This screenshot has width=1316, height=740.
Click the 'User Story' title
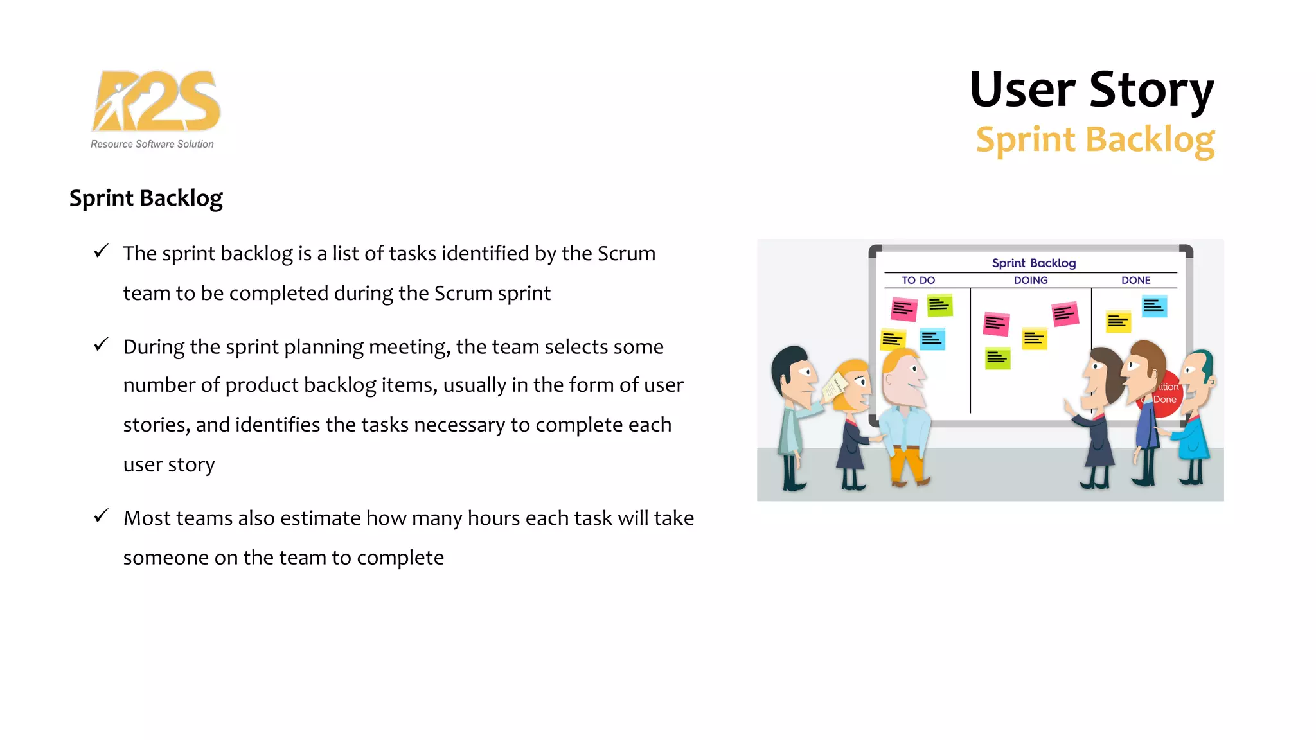[x=1091, y=89]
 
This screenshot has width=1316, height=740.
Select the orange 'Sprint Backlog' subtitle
[x=1095, y=139]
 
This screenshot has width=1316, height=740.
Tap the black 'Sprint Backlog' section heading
[x=146, y=198]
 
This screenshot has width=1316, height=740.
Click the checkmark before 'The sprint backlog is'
[x=101, y=251]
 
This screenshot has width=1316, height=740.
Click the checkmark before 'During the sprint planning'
[x=101, y=344]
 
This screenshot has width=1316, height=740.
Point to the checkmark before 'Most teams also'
[x=101, y=516]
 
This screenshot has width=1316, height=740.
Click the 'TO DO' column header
[x=918, y=280]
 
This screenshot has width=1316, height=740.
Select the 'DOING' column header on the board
[x=1031, y=280]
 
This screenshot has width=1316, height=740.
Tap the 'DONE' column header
[x=1135, y=280]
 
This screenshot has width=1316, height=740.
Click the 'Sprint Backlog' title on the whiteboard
[x=1033, y=263]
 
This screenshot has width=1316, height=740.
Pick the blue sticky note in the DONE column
[x=1154, y=306]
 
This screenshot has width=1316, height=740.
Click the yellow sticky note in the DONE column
[x=1118, y=321]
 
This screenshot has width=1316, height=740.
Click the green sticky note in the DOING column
[x=997, y=358]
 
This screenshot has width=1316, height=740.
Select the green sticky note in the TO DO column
[x=939, y=306]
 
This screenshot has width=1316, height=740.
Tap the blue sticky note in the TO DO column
[x=932, y=339]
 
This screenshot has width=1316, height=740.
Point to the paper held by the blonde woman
[x=835, y=387]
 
